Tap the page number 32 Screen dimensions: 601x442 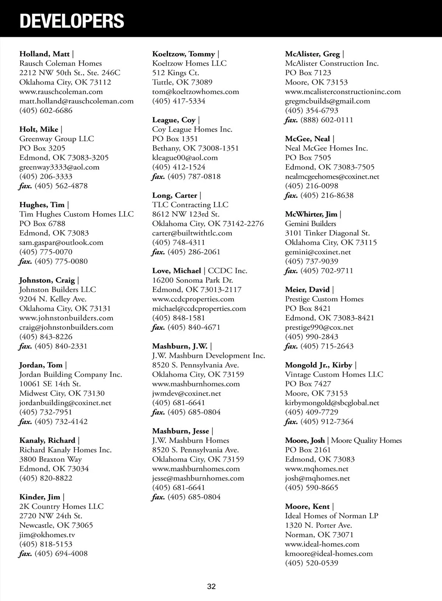coord(211,586)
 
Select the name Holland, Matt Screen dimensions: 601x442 coord(44,54)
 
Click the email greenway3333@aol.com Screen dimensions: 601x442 coord(59,167)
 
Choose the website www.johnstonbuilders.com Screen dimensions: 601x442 coord(66,318)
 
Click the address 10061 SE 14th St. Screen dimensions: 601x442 coord(50,384)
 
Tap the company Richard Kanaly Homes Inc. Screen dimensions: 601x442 coord(65,450)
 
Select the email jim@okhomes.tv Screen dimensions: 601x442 coord(47,535)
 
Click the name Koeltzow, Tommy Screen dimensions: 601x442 coord(183,54)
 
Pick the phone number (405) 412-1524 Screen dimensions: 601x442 coord(179,167)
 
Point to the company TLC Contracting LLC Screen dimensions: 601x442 coord(190,205)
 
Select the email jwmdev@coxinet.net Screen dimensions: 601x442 coord(186,394)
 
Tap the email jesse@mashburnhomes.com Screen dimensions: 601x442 coord(198,478)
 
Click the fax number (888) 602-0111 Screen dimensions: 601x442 coord(327,120)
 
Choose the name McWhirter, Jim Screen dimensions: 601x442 coord(311,214)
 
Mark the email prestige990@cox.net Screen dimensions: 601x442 coord(319,327)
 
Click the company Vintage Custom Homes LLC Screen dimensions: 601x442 coord(334,374)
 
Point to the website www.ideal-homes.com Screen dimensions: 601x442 coord(322,544)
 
